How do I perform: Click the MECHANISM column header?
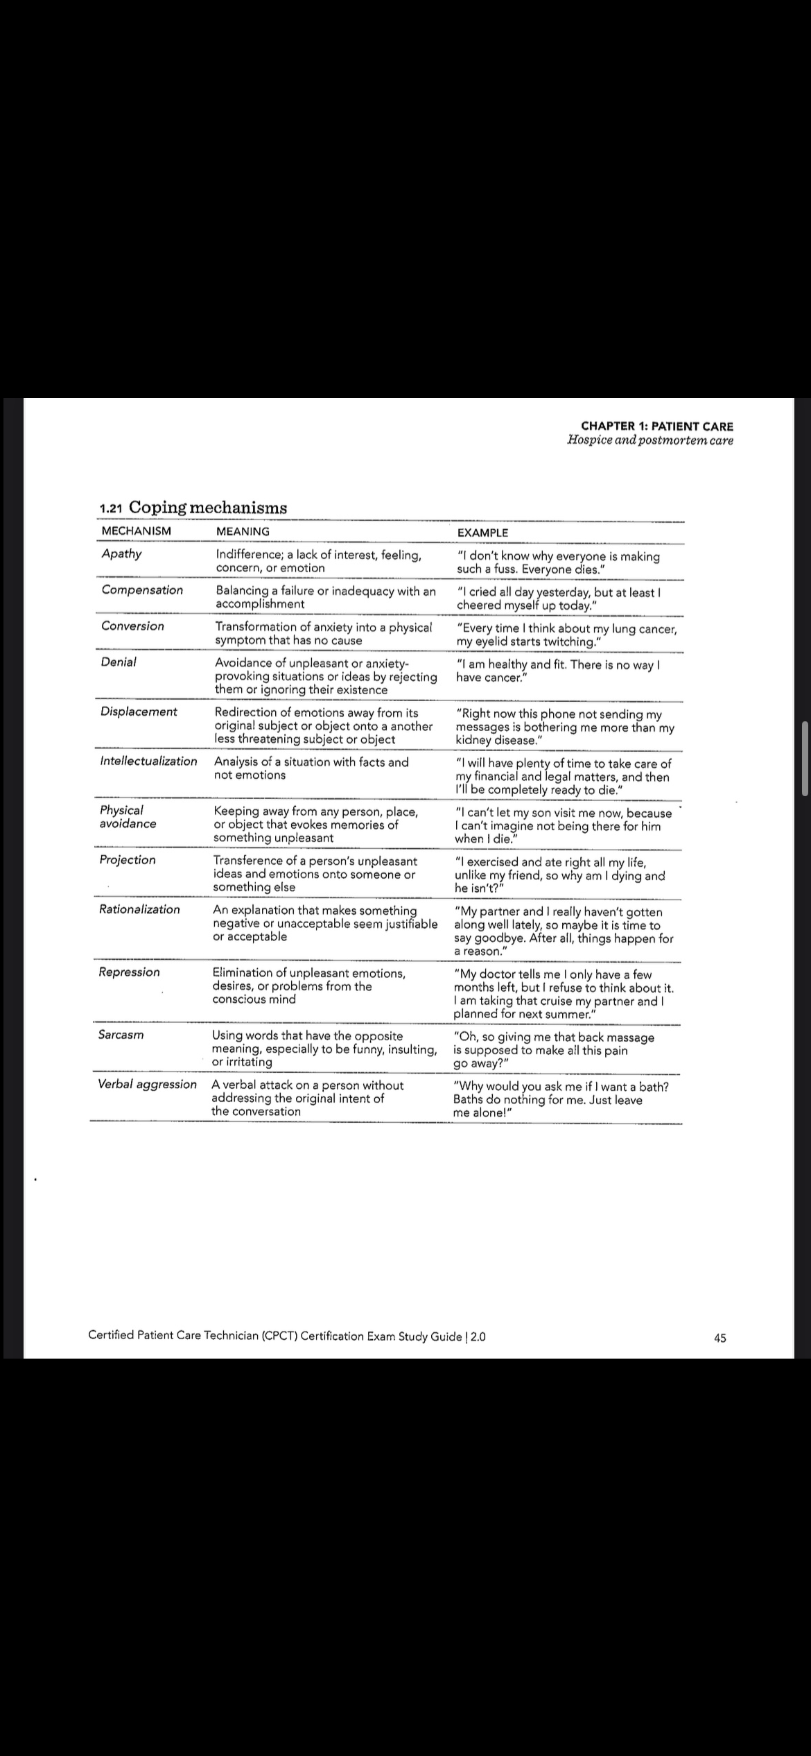(136, 531)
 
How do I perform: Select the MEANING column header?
(243, 531)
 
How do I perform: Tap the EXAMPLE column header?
(482, 533)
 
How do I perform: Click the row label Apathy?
(121, 553)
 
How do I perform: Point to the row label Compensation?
(142, 589)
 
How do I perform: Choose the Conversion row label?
(132, 626)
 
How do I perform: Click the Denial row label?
(119, 662)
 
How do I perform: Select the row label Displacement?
(139, 712)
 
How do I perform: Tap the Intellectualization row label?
(148, 761)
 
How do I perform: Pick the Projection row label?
(128, 860)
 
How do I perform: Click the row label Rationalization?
(139, 909)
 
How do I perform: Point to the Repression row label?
(129, 972)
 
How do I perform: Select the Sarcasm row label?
(121, 1035)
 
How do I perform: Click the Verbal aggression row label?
(147, 1085)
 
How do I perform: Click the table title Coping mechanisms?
(208, 507)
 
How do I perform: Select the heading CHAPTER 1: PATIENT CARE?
(656, 427)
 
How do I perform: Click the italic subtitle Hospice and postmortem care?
(649, 440)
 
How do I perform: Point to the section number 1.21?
(112, 508)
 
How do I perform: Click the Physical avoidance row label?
(128, 817)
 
